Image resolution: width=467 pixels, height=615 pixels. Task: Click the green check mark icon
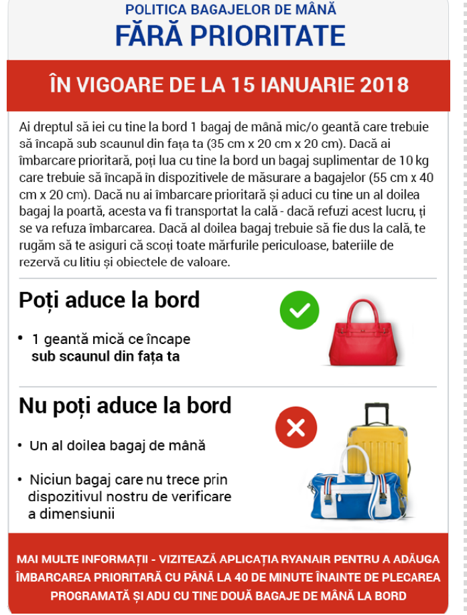(x=299, y=310)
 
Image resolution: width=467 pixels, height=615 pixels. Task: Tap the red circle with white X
(x=295, y=426)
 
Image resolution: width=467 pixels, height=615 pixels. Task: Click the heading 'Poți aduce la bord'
(x=109, y=299)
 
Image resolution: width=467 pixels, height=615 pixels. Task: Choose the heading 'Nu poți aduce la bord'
(x=125, y=405)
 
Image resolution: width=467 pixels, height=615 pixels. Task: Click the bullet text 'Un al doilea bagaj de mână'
(x=117, y=445)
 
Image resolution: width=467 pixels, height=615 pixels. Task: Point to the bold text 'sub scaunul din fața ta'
(x=105, y=356)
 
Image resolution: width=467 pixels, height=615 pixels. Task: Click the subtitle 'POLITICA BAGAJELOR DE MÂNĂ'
(x=230, y=10)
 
